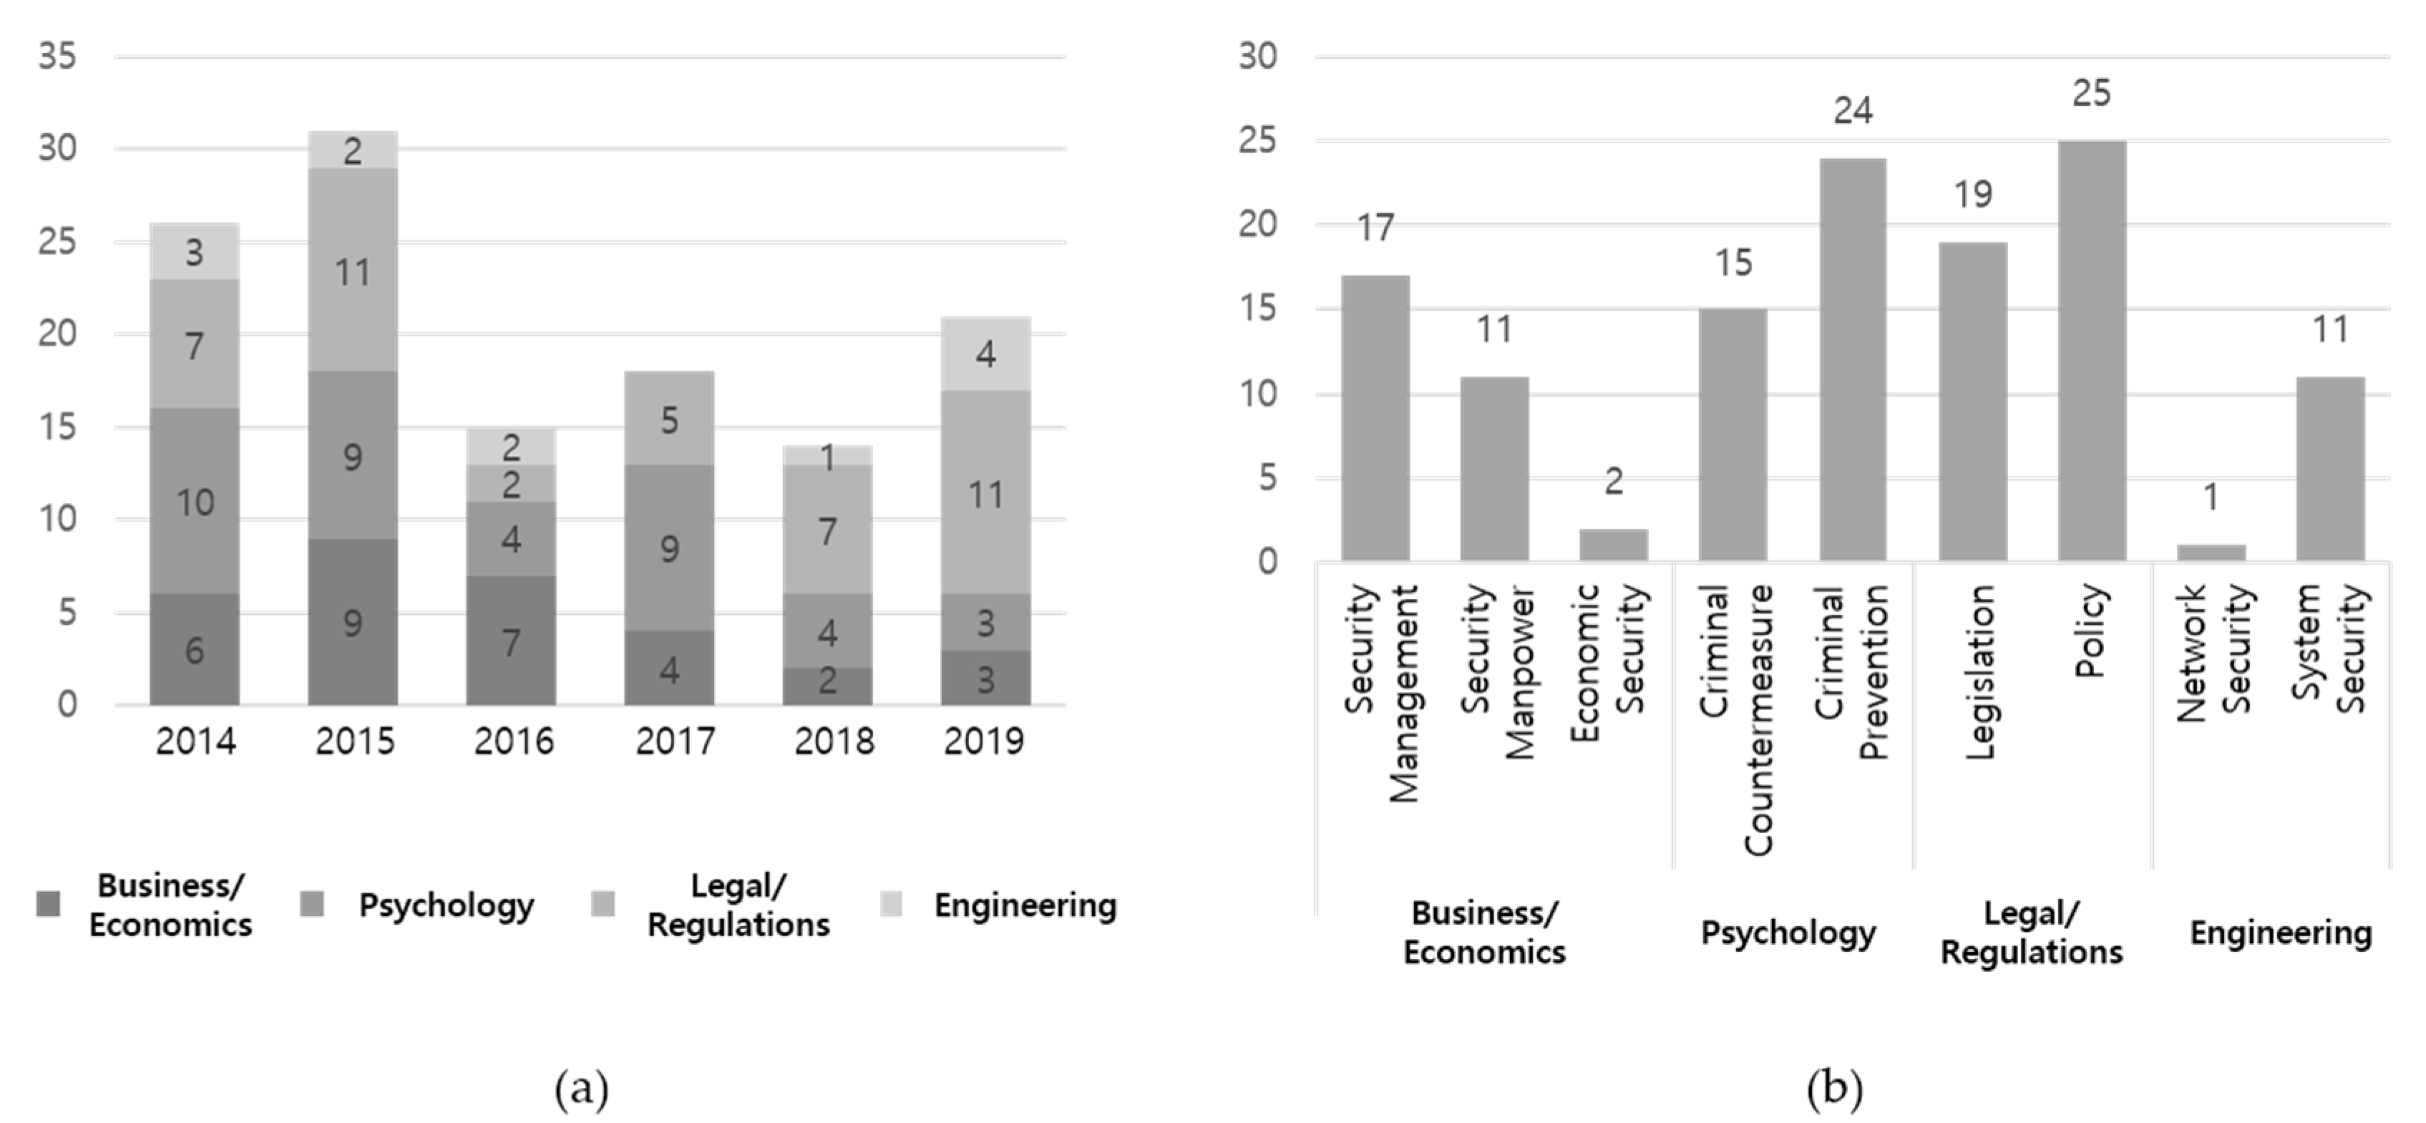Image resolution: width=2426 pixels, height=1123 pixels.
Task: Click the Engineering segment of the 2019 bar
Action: point(985,354)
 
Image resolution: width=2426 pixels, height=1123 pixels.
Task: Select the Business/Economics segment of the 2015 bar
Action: point(352,622)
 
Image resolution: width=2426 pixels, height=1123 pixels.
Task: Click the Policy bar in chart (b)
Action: point(2092,351)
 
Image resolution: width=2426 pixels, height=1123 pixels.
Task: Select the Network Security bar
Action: point(2211,553)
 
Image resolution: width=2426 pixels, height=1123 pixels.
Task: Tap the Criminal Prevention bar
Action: point(1853,360)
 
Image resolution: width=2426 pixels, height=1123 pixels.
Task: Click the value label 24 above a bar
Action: point(1853,111)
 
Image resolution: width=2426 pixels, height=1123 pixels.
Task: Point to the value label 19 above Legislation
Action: point(1973,194)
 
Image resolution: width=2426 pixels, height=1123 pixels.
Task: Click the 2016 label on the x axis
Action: point(513,742)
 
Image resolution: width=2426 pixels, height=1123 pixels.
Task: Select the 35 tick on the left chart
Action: point(57,57)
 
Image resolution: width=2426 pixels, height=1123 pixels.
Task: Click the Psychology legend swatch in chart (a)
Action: point(312,905)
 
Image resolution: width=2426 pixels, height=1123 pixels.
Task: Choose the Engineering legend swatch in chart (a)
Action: point(891,905)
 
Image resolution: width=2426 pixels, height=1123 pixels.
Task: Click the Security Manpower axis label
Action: point(1497,672)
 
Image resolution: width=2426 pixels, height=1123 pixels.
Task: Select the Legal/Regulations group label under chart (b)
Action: point(2032,933)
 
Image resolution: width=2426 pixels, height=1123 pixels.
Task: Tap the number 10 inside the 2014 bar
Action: point(195,503)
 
